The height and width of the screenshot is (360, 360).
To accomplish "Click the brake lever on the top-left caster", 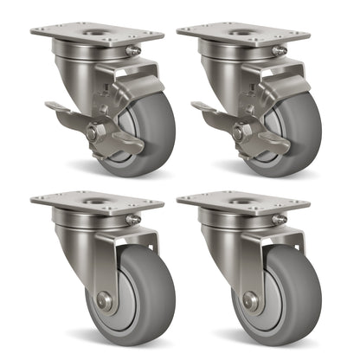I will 65,110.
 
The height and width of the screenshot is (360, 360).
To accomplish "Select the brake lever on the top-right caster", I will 211,110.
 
